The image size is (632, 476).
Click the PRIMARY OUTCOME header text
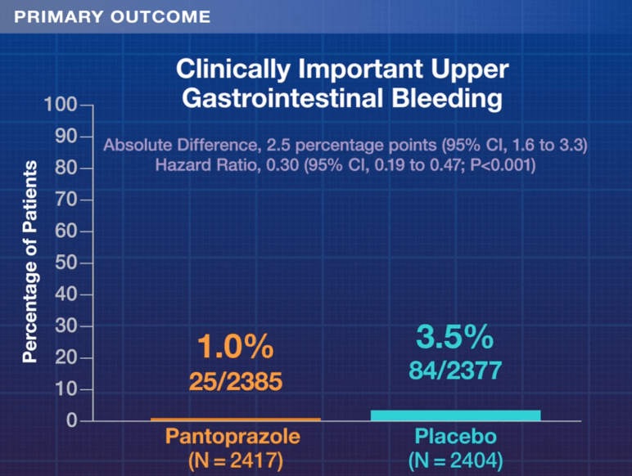coord(112,16)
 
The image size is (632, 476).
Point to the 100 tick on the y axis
coord(66,105)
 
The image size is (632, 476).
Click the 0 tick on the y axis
coord(72,422)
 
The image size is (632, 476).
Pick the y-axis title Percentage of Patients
coord(30,262)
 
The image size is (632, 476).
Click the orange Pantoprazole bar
coord(235,420)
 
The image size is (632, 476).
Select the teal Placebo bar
coord(455,415)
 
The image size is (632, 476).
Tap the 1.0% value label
coord(235,348)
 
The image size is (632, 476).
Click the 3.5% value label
coord(455,336)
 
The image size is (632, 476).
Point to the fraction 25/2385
coord(235,381)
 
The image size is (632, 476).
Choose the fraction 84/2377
coord(455,370)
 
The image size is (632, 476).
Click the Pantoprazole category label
coord(235,436)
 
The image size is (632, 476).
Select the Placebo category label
coord(455,436)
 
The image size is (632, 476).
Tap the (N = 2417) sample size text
coord(235,460)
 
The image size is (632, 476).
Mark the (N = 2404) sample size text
coord(455,460)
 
